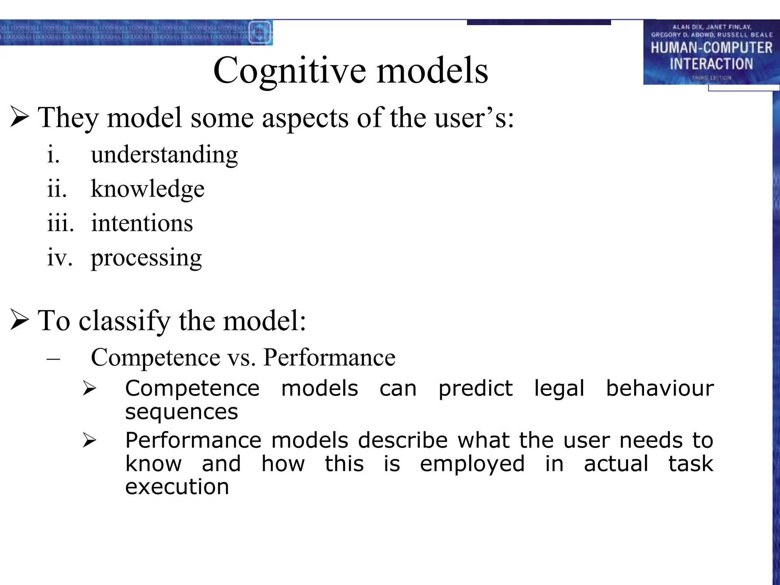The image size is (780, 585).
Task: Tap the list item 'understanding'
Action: point(164,155)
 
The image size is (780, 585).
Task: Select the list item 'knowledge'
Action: point(147,189)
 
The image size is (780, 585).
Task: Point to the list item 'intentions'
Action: point(142,223)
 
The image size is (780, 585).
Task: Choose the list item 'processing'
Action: point(146,258)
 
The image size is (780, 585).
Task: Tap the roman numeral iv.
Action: point(59,257)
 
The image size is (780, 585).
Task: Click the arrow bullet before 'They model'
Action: point(20,117)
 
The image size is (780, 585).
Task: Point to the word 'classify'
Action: point(124,321)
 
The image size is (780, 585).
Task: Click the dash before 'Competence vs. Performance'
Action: point(53,358)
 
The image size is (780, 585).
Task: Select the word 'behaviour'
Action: point(660,388)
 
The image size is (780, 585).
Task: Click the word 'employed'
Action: point(472,464)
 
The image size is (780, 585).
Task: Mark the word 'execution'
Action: point(177,487)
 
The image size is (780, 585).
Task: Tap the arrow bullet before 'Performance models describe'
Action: point(90,441)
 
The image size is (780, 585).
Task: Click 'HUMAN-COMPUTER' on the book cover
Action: point(711,48)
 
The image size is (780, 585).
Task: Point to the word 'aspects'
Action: point(305,118)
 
